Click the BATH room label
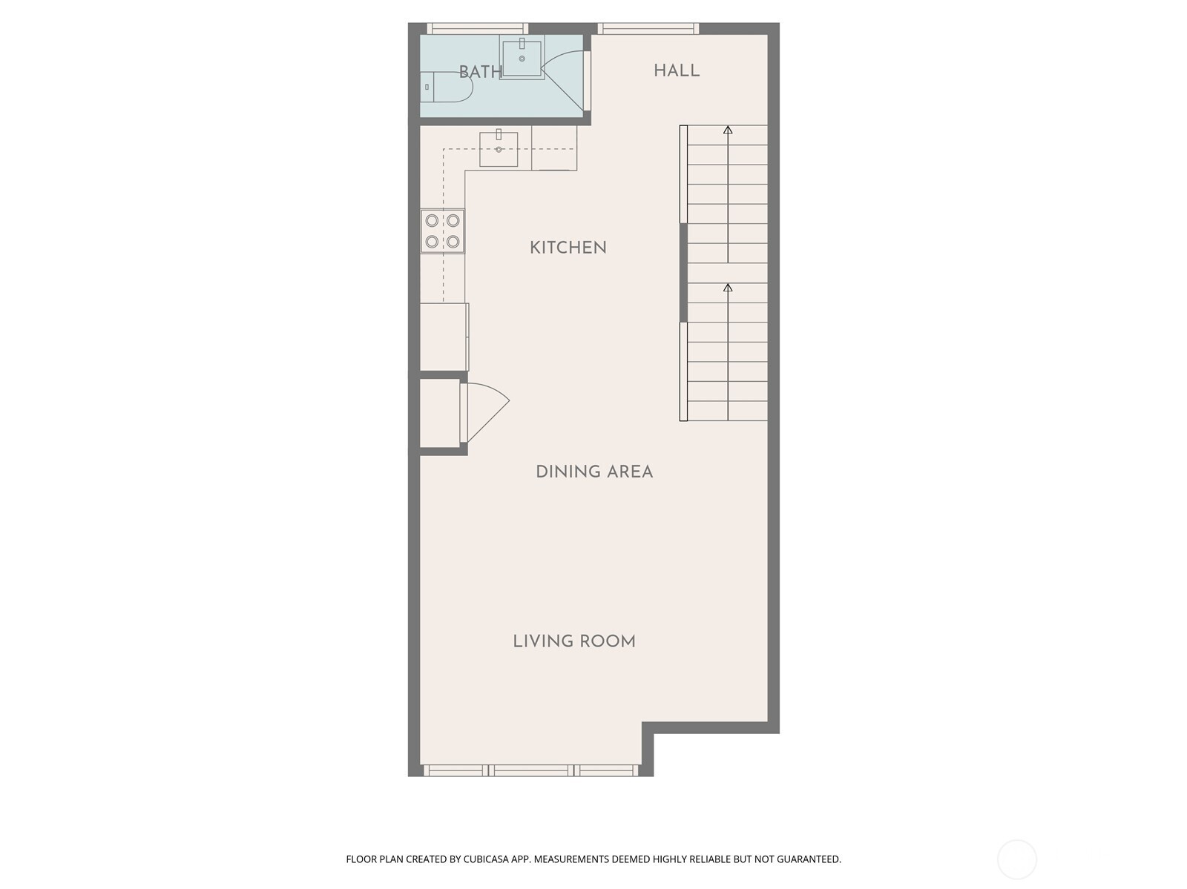tap(481, 72)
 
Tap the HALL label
tap(677, 70)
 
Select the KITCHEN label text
tap(568, 248)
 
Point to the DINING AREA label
tap(594, 472)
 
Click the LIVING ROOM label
tap(573, 641)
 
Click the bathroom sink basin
tap(522, 57)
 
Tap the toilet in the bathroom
tap(446, 87)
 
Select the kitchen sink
tap(499, 148)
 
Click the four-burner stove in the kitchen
tap(442, 231)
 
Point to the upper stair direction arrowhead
tap(728, 130)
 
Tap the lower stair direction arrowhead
tap(728, 288)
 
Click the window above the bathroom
tap(478, 29)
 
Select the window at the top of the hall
tap(648, 29)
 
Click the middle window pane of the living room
tap(532, 770)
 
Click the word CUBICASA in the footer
tap(486, 859)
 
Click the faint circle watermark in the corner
tap(1016, 859)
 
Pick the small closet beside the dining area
tap(440, 413)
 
